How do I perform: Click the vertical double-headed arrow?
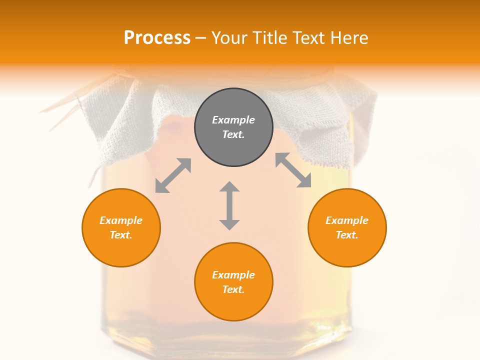pyautogui.click(x=229, y=205)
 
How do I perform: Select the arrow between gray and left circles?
pyautogui.click(x=173, y=175)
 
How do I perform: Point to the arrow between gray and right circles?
pyautogui.click(x=293, y=170)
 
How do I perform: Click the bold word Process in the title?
pyautogui.click(x=157, y=38)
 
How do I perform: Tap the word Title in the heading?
pyautogui.click(x=270, y=38)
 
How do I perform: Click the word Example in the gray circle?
pyautogui.click(x=233, y=120)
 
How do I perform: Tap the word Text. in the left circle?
pyautogui.click(x=121, y=235)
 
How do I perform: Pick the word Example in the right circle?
pyautogui.click(x=347, y=220)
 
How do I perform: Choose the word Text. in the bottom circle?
pyautogui.click(x=233, y=289)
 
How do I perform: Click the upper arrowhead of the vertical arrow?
pyautogui.click(x=229, y=187)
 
